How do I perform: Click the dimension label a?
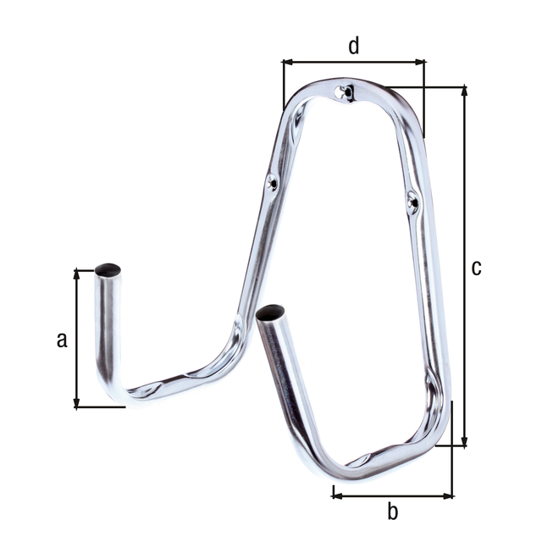pyautogui.click(x=61, y=340)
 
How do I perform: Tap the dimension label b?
pyautogui.click(x=392, y=512)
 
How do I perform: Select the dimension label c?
pyautogui.click(x=477, y=268)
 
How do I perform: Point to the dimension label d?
pyautogui.click(x=354, y=46)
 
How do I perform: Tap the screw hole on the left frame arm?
pyautogui.click(x=271, y=180)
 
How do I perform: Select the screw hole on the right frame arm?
pyautogui.click(x=412, y=201)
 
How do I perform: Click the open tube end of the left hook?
pyautogui.click(x=108, y=271)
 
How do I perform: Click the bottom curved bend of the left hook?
pyautogui.click(x=119, y=388)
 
